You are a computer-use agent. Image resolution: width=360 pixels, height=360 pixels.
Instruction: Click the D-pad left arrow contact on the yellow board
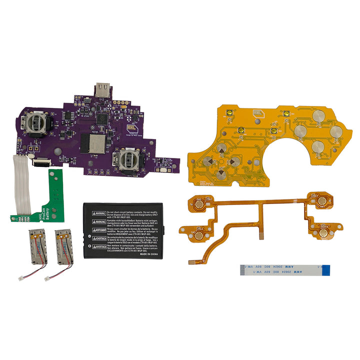click(208, 160)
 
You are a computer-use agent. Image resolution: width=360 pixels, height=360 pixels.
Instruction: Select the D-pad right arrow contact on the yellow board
click(234, 160)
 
